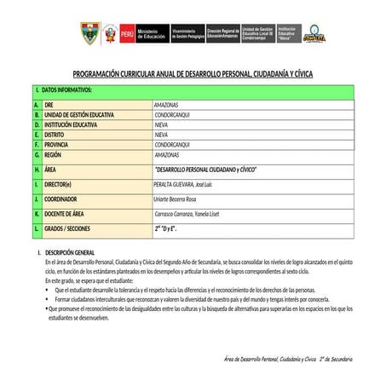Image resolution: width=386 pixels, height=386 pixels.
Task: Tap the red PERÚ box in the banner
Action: (128, 34)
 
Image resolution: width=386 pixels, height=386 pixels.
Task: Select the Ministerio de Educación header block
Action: (153, 34)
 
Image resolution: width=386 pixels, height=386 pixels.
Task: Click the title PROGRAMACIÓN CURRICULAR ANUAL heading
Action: (193, 74)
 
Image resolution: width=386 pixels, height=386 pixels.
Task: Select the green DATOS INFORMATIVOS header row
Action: (193, 90)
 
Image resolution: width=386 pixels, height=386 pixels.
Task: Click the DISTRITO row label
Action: (55, 134)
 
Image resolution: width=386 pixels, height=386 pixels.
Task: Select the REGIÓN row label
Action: (54, 156)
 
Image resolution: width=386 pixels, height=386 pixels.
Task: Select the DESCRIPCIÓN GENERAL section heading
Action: (74, 254)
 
